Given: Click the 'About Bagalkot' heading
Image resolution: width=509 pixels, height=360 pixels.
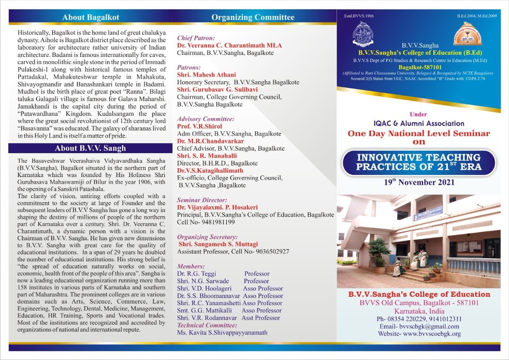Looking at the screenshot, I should click(90, 17).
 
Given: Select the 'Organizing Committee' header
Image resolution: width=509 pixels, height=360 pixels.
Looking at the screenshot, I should click(253, 17).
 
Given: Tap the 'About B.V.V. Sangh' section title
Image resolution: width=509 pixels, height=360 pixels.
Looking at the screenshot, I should click(90, 148).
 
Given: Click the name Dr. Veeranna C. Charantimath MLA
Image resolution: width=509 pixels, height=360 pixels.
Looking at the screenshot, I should click(229, 45).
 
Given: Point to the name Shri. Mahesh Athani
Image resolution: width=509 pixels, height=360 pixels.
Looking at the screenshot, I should click(206, 75).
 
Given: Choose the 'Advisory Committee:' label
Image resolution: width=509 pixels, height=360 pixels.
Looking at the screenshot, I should click(206, 119).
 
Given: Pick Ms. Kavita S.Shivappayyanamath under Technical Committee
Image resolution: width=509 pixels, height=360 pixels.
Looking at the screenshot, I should click(222, 333).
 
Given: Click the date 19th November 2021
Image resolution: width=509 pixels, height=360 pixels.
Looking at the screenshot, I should click(419, 182).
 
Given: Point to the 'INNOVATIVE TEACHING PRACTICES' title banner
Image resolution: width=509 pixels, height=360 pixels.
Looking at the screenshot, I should click(419, 162).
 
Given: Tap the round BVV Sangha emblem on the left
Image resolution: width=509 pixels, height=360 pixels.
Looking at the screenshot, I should click(363, 35).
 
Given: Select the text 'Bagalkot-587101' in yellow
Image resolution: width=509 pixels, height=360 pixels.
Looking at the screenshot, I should click(418, 68).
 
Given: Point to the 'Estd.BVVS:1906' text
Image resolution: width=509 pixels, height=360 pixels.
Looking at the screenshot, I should click(359, 16).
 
